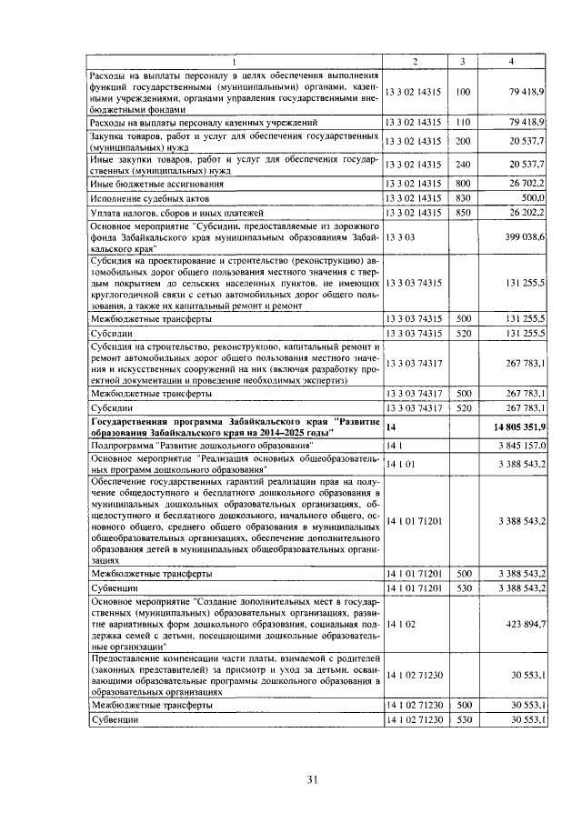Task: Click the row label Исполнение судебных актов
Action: (149, 197)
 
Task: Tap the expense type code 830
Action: (463, 197)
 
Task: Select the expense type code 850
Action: (463, 212)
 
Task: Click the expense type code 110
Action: (463, 121)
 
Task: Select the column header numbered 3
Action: (463, 61)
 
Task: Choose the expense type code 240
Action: (463, 164)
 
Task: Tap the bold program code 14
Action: (391, 427)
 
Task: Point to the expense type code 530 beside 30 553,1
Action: (463, 720)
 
